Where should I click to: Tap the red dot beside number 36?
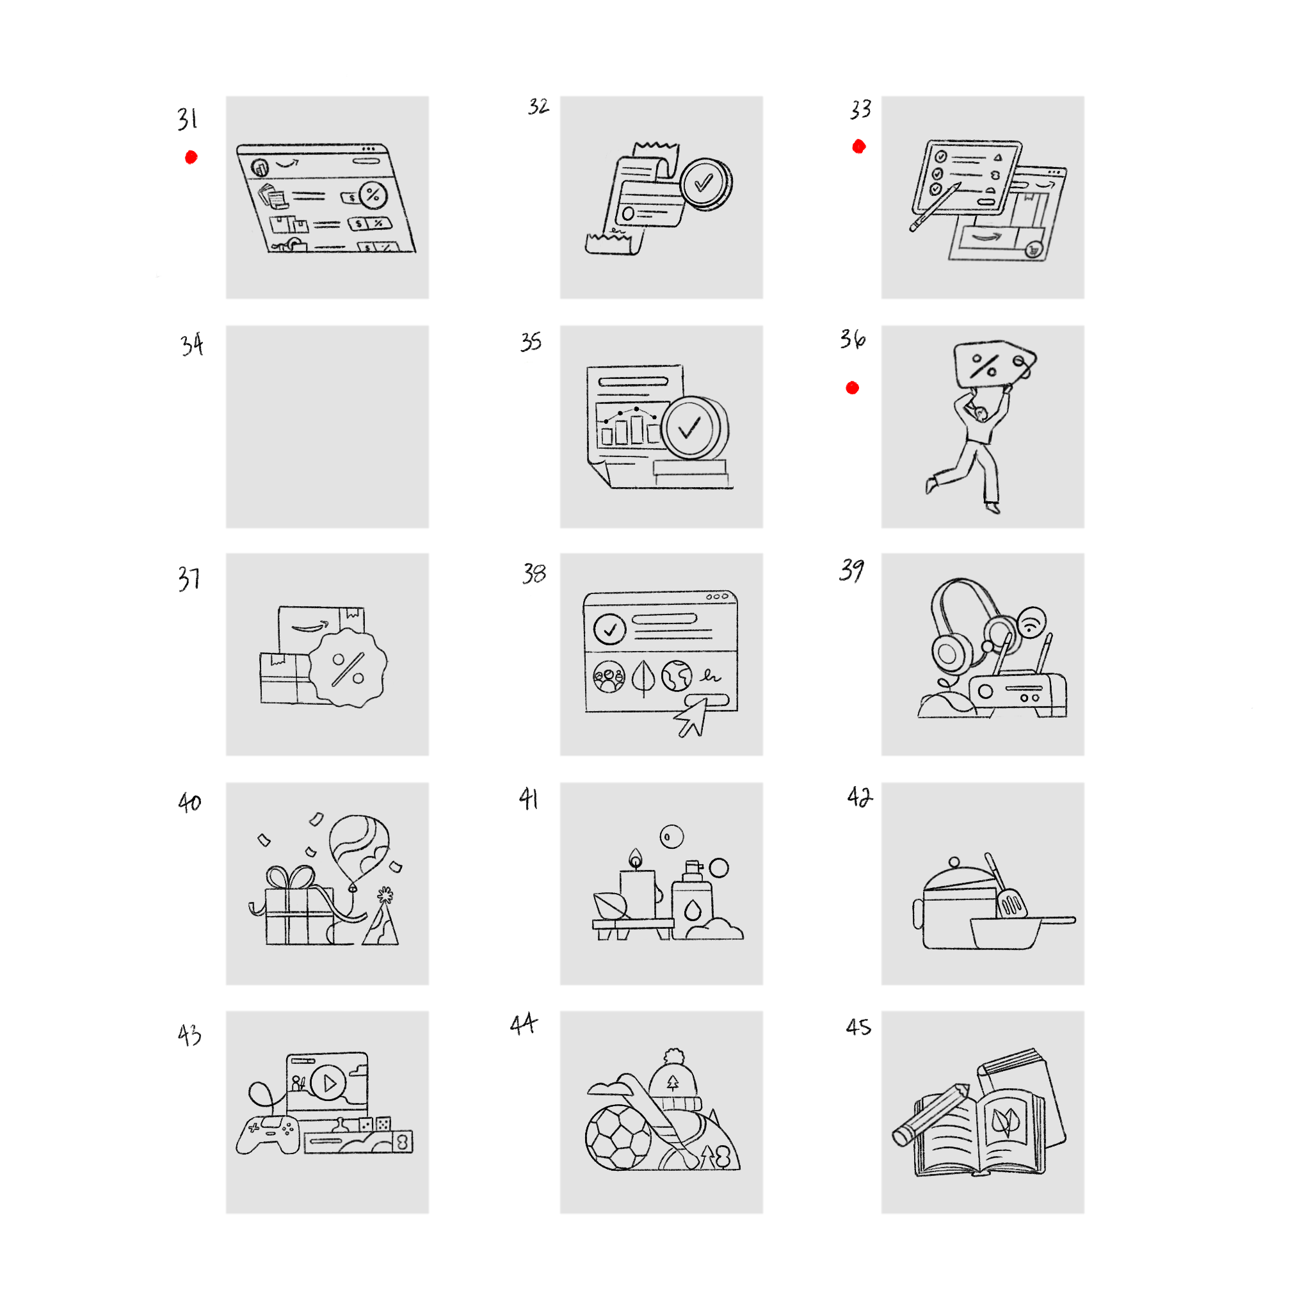(x=852, y=387)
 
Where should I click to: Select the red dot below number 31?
(x=191, y=157)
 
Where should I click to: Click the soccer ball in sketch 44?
(x=618, y=1138)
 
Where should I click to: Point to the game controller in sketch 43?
(x=269, y=1134)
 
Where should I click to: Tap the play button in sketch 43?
(x=330, y=1082)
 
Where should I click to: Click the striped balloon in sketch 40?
(x=359, y=848)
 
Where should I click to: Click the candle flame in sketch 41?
(x=635, y=858)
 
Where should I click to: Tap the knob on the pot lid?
(x=954, y=862)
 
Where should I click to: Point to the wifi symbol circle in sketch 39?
(x=1031, y=622)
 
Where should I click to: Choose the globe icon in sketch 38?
(x=677, y=676)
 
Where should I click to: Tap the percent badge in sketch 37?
(x=348, y=668)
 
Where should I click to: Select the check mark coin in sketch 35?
(x=693, y=428)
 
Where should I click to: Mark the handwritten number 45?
(x=858, y=1027)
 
